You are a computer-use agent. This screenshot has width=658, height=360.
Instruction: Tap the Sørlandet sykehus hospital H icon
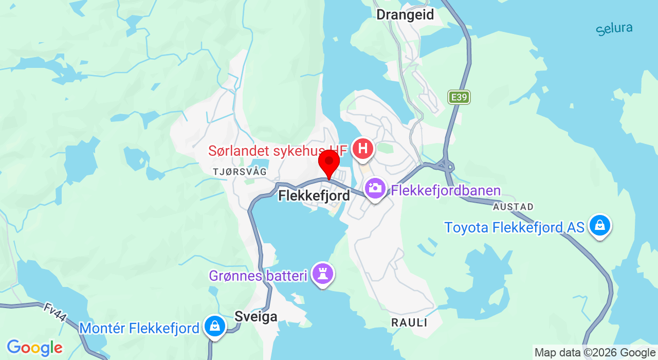363,149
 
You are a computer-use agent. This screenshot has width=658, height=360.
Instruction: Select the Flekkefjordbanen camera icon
376,188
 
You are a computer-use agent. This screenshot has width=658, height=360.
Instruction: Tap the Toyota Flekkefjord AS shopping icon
599,225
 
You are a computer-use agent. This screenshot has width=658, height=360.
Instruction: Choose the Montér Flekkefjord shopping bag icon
215,326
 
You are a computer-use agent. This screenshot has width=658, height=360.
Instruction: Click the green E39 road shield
459,97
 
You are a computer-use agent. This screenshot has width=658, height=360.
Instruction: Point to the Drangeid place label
405,14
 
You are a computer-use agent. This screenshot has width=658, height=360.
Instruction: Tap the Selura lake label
614,29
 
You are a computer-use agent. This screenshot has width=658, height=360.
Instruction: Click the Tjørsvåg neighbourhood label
241,172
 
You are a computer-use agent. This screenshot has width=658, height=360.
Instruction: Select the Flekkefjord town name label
314,195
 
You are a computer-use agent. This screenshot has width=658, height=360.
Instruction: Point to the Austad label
513,207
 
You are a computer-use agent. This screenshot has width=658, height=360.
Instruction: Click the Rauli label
409,322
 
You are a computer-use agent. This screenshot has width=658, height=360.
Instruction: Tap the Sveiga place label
256,316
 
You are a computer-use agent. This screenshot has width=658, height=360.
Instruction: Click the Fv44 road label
55,312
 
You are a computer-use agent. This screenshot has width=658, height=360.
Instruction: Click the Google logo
34,348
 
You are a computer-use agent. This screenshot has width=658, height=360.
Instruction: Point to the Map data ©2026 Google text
595,353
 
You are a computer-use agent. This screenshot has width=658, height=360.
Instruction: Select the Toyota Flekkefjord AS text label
514,227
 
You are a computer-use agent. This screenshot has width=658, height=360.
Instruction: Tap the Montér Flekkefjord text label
139,328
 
